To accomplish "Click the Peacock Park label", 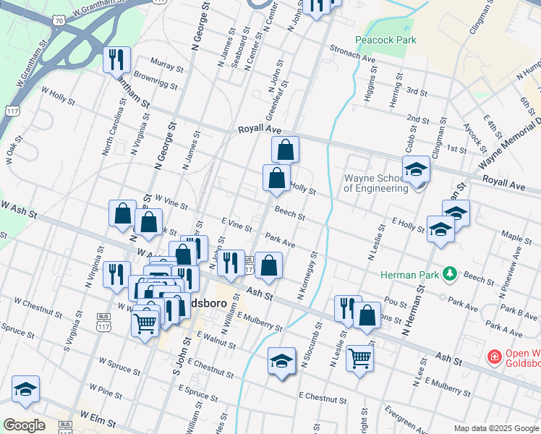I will tap(385, 40).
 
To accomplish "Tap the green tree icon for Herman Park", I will tap(451, 273).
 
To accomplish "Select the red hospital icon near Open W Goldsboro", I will tap(494, 357).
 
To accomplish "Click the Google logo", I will tap(24, 425).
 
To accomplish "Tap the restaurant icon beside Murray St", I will tap(116, 59).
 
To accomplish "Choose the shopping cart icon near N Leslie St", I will tap(359, 357).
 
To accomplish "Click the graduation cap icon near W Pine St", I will tap(25, 390).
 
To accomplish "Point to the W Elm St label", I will tap(98, 417).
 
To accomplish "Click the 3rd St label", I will tap(417, 91).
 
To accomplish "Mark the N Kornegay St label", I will tap(307, 276).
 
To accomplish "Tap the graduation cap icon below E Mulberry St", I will tap(281, 361).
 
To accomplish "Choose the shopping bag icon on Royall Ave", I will tap(286, 150).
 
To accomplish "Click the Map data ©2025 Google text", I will tap(495, 427).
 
